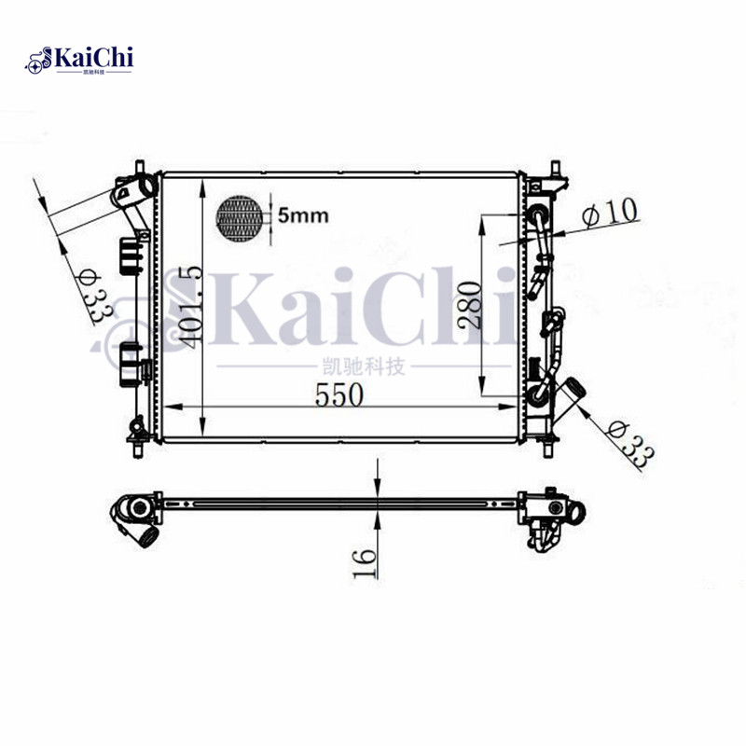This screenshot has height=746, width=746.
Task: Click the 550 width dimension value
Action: click(x=338, y=394)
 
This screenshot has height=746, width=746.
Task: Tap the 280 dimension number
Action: click(x=470, y=304)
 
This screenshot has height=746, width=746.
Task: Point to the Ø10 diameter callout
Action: click(x=610, y=213)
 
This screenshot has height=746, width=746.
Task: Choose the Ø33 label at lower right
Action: click(x=630, y=441)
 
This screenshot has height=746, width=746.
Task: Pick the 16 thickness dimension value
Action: click(x=365, y=562)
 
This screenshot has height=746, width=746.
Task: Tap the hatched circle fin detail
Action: click(x=240, y=218)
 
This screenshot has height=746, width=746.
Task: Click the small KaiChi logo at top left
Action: click(x=80, y=61)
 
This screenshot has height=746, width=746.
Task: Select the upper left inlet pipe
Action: click(x=132, y=191)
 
